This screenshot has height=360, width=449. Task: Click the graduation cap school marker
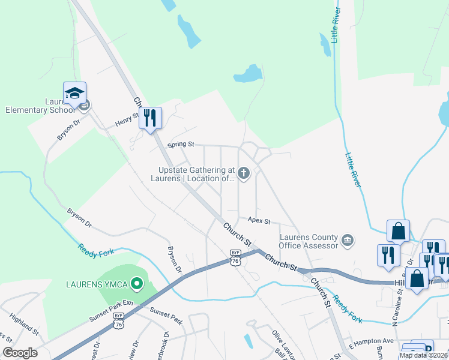[x=75, y=94]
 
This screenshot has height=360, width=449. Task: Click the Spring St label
[x=181, y=145]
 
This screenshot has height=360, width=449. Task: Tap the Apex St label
[x=259, y=221]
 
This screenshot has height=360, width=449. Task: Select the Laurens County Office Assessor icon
[x=347, y=241]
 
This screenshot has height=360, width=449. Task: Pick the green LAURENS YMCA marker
[x=137, y=283]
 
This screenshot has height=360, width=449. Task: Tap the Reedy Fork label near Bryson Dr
[x=95, y=251]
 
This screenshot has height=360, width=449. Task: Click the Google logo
[x=20, y=353]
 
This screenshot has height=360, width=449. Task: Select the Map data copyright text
[x=423, y=355]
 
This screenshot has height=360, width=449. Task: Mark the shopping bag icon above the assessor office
[x=398, y=231]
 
